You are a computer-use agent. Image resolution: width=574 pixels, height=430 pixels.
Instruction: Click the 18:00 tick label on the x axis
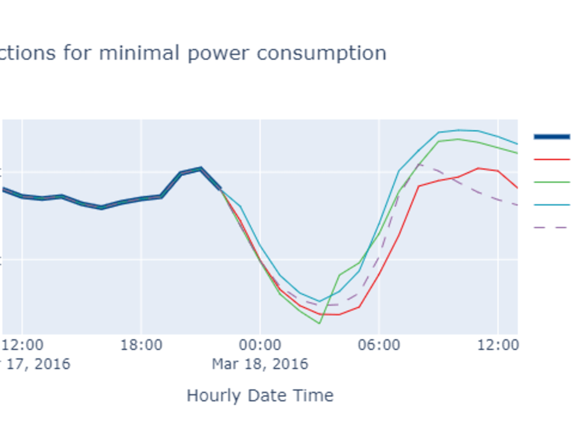[141, 345]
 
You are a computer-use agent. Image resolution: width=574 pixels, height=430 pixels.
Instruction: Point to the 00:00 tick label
[260, 345]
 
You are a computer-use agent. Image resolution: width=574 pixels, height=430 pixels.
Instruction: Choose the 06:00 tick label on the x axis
[379, 345]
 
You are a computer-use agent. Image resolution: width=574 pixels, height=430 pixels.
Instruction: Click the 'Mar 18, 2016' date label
[260, 364]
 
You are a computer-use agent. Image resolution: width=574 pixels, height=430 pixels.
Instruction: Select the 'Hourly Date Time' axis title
[260, 396]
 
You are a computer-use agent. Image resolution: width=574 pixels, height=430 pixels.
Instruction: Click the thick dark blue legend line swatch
[552, 136]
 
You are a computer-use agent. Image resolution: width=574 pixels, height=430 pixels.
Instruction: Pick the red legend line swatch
[552, 159]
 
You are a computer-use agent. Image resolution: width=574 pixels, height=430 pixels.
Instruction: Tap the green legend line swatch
[552, 182]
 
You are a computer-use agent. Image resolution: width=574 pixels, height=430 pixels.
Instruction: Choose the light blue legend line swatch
[552, 204]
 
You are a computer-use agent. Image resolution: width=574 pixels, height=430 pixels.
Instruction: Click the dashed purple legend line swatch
[552, 227]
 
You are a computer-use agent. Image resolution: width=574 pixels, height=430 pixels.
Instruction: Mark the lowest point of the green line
[319, 323]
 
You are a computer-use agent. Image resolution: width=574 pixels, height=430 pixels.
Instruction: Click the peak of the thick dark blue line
[200, 169]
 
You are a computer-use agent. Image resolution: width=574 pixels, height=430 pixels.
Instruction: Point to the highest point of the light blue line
[459, 130]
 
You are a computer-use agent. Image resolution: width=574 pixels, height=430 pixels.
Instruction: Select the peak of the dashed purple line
[419, 165]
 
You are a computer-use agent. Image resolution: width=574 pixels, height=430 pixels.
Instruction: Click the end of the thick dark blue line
[220, 189]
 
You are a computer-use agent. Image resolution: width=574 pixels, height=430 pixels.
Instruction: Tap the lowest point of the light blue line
[319, 302]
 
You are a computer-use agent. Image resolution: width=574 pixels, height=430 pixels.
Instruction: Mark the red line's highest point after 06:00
[478, 168]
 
